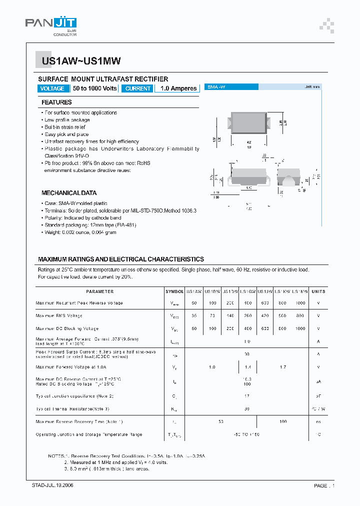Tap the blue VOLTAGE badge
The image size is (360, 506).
pos(52,88)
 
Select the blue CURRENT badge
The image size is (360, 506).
pos(137,88)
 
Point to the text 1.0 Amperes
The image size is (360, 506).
pos(178,88)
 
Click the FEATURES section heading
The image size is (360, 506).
pos(56,102)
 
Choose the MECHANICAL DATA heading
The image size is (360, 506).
pos(69,193)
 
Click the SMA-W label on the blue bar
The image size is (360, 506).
pos(216,87)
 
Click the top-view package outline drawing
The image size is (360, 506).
pos(248,123)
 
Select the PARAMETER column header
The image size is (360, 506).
pos(99,291)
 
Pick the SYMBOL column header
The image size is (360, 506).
pos(174,291)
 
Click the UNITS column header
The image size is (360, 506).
pos(318,291)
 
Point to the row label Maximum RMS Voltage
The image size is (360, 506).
pos(59,316)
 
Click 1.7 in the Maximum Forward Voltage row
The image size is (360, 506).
pos(283,367)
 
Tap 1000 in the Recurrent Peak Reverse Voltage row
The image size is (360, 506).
pos(299,303)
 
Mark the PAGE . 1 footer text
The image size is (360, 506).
pos(324,485)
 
